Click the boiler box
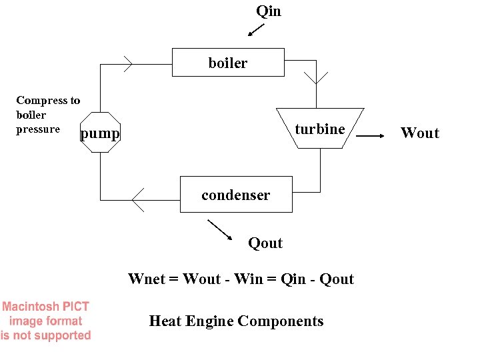[x=228, y=63]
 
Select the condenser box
[x=236, y=195]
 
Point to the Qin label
[x=269, y=11]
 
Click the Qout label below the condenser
[x=265, y=243]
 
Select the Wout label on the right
[x=420, y=133]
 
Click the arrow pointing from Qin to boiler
[x=255, y=30]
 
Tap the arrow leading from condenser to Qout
[x=219, y=229]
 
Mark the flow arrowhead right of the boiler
[x=321, y=76]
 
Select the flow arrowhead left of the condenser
[x=137, y=199]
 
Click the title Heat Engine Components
[x=236, y=321]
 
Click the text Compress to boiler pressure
[x=47, y=115]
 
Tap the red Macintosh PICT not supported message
[x=45, y=321]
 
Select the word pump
[x=100, y=135]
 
